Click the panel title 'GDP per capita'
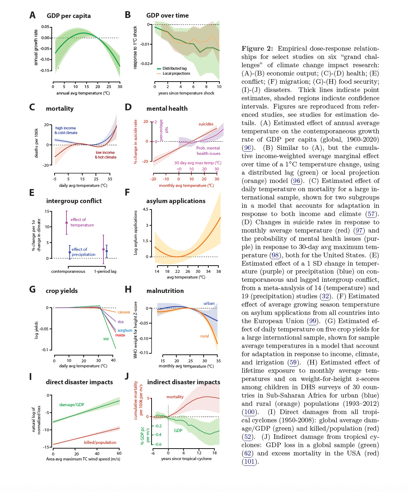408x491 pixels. coord(69,16)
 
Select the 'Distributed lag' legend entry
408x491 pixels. coord(174,68)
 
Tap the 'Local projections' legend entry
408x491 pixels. coord(176,73)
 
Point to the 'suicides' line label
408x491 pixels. coord(206,124)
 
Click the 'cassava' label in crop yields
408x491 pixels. coord(124,312)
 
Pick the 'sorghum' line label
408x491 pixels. coord(125,330)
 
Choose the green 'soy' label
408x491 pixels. coord(106,339)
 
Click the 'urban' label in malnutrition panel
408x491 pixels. coord(209,303)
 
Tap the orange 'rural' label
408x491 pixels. coord(204,336)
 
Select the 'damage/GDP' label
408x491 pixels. coord(71,405)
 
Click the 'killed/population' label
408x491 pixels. coord(100,442)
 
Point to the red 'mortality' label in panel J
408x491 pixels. coord(175,397)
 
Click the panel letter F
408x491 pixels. coord(127,193)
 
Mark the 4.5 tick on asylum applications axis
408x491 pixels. coord(145,209)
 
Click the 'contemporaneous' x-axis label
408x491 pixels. coord(68,271)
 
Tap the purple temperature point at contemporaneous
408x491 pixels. coord(66,223)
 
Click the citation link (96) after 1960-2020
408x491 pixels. coord(247,148)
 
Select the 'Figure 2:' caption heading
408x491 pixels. coord(257,49)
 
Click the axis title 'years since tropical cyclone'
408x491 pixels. coord(186,459)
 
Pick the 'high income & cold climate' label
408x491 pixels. coord(66,130)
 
